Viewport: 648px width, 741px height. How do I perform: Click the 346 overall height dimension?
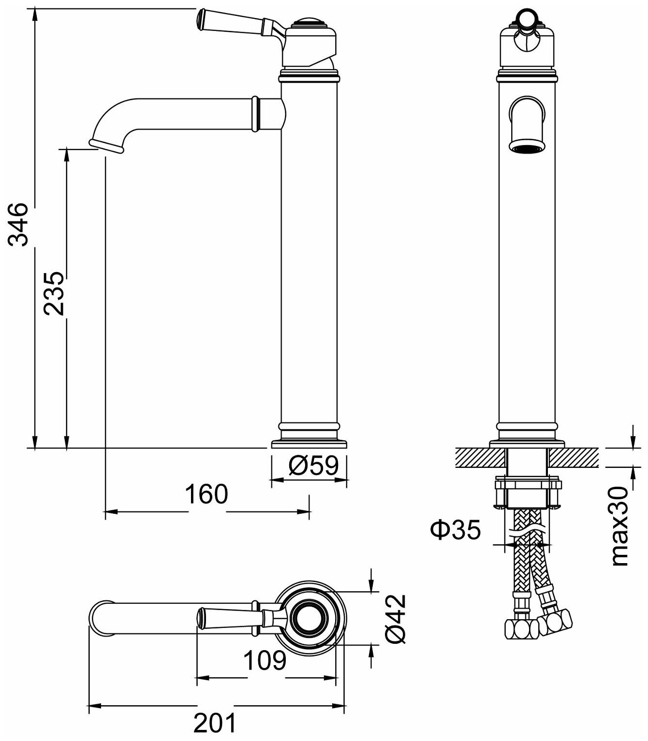[19, 225]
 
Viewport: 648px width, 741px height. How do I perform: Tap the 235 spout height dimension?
[53, 293]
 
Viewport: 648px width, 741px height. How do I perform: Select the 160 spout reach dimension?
[206, 494]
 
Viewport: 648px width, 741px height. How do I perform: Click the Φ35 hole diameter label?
[456, 530]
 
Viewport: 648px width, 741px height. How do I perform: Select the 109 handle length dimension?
[265, 661]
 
